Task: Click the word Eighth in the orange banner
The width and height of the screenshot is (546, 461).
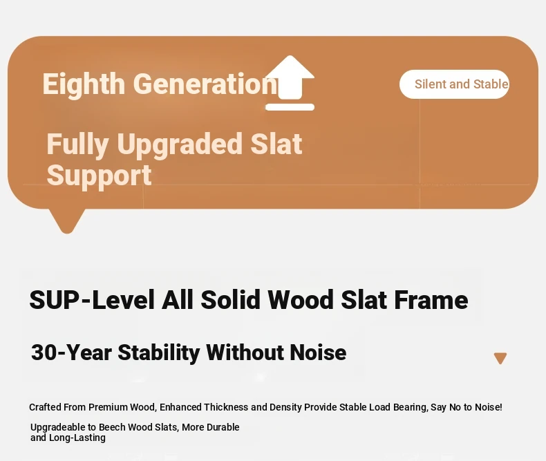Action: [x=84, y=84]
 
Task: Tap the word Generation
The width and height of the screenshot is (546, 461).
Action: [x=205, y=84]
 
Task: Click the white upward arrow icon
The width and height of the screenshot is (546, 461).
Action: [x=290, y=83]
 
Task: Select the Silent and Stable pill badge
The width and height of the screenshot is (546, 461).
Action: [x=454, y=84]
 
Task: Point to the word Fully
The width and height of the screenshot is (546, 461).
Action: [x=77, y=144]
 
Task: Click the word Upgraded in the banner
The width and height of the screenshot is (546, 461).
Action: [x=180, y=144]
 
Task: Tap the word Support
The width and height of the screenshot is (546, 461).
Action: [x=100, y=176]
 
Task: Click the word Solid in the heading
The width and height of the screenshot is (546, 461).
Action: [x=230, y=300]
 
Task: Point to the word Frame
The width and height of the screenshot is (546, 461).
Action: [x=431, y=300]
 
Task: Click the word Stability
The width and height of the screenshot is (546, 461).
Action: [x=159, y=353]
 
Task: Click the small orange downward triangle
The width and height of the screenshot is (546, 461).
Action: [x=500, y=358]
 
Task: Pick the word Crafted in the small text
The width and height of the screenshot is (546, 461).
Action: [x=45, y=407]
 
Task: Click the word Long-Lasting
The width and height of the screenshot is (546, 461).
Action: [x=77, y=438]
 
